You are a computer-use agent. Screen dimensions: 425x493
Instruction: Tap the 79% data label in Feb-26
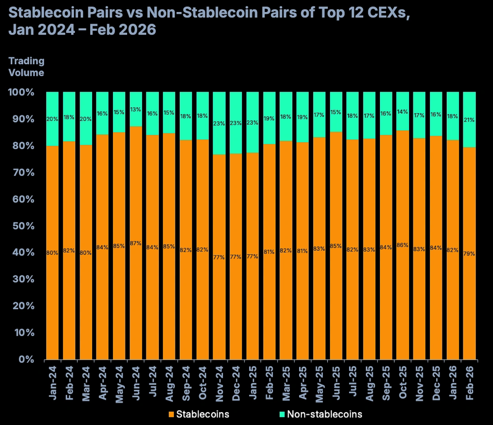[469, 254]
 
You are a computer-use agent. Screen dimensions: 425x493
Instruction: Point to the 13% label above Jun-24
[136, 110]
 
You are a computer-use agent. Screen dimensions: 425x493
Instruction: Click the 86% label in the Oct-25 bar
[403, 245]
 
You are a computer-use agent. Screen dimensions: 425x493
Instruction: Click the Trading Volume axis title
[26, 67]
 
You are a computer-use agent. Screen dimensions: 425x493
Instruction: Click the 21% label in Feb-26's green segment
[469, 120]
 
